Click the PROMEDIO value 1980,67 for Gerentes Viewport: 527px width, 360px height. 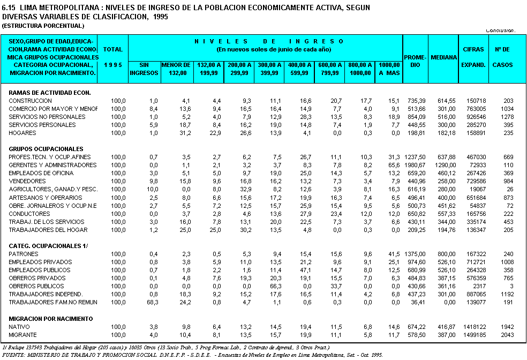[x=415, y=165]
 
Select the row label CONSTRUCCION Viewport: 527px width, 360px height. [x=30, y=101]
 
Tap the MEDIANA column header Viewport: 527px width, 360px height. [x=443, y=57]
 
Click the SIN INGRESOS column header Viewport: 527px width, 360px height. [x=144, y=69]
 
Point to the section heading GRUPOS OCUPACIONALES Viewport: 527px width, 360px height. [x=46, y=149]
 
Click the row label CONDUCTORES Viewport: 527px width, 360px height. [x=29, y=214]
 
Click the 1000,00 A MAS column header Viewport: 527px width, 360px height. [x=389, y=69]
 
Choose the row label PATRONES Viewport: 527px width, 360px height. [x=24, y=254]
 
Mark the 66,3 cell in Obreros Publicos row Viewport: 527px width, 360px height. [x=276, y=286]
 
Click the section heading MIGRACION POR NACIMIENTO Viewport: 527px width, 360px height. [x=51, y=319]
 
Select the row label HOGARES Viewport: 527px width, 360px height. [x=22, y=133]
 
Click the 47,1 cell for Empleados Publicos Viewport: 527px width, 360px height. [x=305, y=270]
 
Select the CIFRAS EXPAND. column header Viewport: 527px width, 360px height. [x=473, y=57]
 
